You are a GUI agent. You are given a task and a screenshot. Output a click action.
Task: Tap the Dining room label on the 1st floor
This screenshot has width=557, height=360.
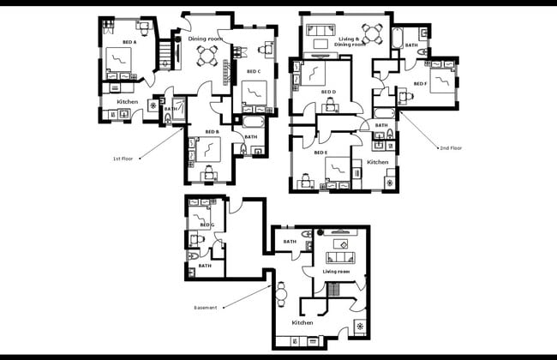click(206, 38)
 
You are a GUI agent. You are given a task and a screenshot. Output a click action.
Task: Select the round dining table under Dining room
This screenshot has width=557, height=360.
click(208, 57)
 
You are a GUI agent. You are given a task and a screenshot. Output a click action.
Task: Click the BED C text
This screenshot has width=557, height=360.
click(253, 71)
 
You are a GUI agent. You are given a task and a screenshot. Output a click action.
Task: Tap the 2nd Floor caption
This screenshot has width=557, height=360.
click(451, 147)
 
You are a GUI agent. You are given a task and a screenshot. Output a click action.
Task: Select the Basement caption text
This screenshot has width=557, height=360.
click(206, 307)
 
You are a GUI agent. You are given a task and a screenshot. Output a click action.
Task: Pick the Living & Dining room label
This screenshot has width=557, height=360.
click(348, 39)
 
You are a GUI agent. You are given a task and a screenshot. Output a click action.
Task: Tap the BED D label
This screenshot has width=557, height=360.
click(328, 92)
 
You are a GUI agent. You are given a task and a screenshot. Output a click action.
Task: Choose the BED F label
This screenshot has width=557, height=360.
click(420, 83)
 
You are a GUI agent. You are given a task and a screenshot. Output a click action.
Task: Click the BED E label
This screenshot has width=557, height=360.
click(320, 153)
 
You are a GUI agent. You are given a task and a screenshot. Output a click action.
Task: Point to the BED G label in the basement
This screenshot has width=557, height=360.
click(207, 225)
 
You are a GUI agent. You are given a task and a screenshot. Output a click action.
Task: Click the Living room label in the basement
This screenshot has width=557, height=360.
click(338, 272)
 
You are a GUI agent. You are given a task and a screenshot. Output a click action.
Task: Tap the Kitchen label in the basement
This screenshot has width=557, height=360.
click(302, 322)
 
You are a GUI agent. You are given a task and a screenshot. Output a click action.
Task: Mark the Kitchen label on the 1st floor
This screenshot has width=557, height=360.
click(128, 102)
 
